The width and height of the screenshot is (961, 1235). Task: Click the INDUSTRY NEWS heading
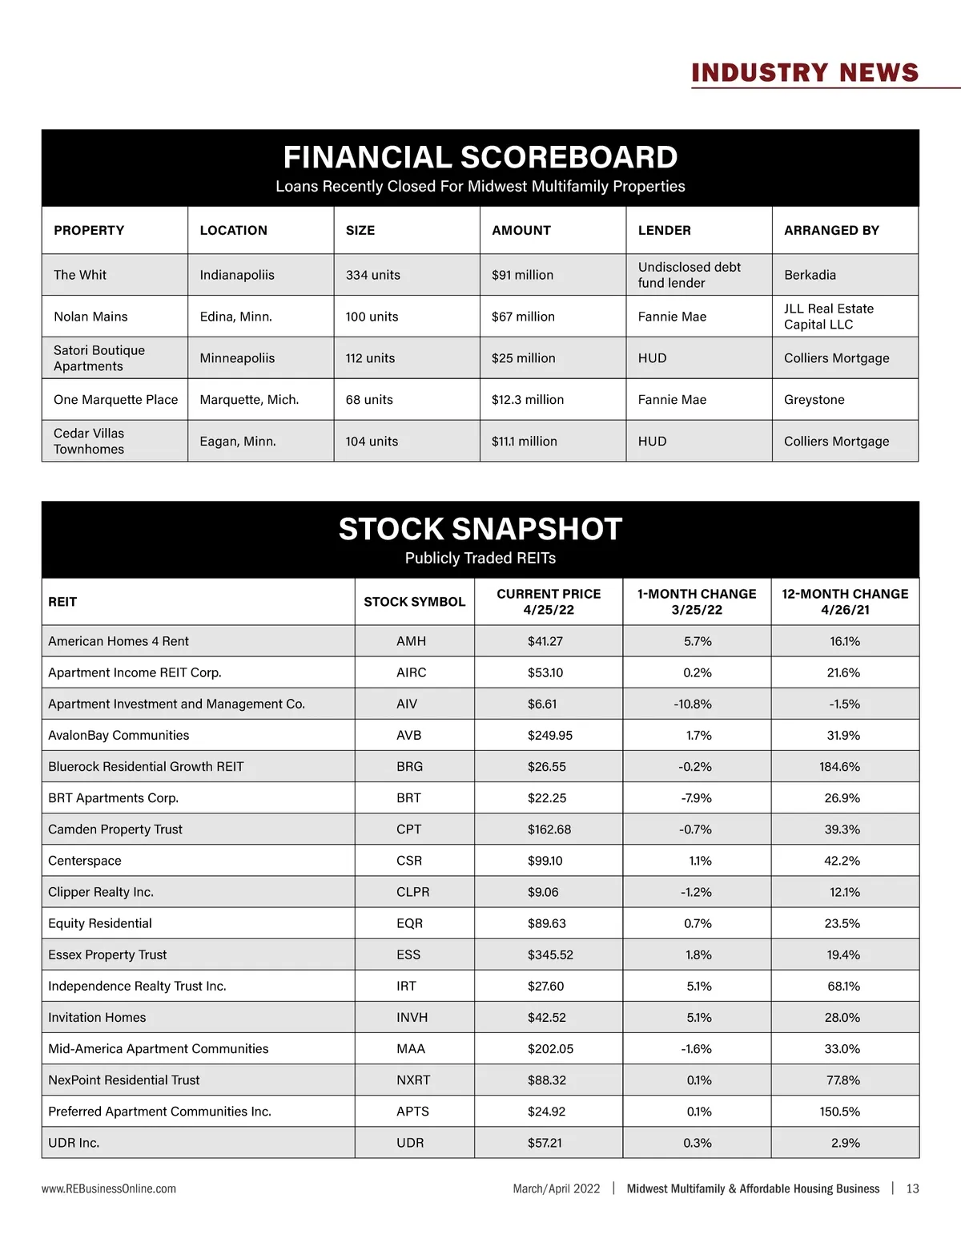(x=805, y=73)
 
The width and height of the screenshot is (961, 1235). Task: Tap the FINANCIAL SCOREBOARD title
(x=480, y=157)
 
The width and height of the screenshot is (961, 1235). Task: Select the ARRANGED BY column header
(x=831, y=230)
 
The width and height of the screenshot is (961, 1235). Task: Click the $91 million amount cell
(x=522, y=275)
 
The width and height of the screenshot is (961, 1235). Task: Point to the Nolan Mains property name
(x=90, y=317)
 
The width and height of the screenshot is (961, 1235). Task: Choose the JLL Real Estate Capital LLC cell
(x=829, y=317)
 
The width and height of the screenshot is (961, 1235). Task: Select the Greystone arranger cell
(x=814, y=400)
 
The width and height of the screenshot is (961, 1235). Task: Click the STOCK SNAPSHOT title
(x=480, y=529)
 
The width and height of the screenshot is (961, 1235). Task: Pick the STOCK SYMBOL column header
(x=414, y=602)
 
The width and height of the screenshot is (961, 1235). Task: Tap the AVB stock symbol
(x=408, y=735)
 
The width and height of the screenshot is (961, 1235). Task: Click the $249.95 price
(x=549, y=735)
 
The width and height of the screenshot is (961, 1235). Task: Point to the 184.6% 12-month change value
(x=839, y=766)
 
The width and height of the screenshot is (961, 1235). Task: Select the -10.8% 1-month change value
(x=693, y=704)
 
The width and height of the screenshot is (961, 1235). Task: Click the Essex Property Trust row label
(x=107, y=955)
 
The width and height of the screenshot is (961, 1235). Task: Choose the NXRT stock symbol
(x=413, y=1080)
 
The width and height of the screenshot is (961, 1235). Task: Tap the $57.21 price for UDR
(x=545, y=1143)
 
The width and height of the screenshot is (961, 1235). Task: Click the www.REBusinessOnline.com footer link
(x=109, y=1189)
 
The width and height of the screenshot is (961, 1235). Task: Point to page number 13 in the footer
(x=912, y=1189)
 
